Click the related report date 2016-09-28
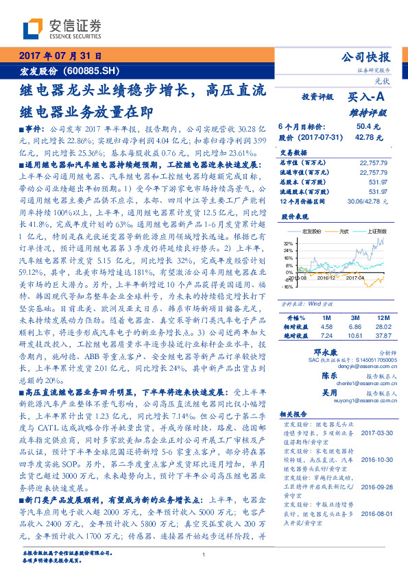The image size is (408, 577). [x=374, y=505]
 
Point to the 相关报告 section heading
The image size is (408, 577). [x=296, y=415]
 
